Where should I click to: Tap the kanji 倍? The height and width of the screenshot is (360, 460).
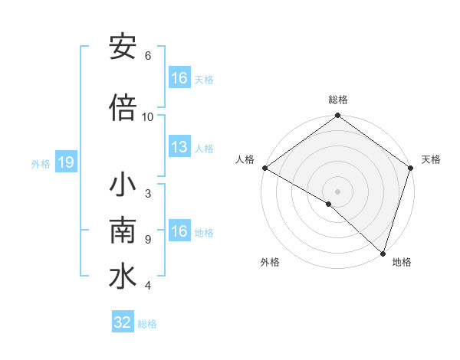coord(123,108)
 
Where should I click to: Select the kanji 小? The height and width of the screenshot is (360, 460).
coord(123,186)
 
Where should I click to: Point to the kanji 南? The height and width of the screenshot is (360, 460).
coord(123,231)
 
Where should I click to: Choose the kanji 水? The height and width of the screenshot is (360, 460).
coord(123,277)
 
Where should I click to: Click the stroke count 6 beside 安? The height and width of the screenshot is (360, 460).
coord(148,55)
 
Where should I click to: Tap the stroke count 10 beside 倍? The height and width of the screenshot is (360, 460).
coord(148,117)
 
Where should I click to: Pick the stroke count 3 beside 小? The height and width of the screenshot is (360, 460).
coord(148,194)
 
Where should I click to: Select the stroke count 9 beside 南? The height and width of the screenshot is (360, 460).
coord(148,240)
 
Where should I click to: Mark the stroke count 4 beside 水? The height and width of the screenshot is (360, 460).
coord(148,286)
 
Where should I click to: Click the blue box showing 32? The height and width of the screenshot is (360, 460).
coord(122,322)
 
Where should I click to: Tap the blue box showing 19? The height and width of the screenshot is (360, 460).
coord(65,162)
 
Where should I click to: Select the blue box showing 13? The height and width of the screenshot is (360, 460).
coord(179,147)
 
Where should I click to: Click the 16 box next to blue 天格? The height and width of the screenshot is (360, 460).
coord(179,78)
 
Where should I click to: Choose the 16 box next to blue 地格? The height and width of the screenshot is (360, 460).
coord(179,231)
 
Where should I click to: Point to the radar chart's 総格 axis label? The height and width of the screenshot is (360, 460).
coord(338,100)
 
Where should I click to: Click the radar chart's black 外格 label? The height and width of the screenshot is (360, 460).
coord(270,262)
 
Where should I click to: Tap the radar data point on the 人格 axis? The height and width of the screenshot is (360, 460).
coord(264,168)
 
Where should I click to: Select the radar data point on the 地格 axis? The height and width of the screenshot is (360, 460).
coord(383,254)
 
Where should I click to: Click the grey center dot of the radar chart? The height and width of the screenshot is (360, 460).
coord(338,191)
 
